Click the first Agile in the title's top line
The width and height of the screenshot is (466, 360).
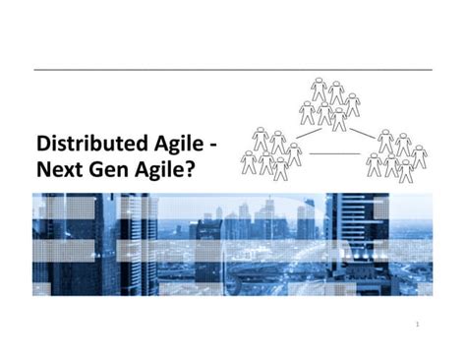pyautogui.click(x=176, y=145)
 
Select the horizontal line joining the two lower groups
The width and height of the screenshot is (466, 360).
pyautogui.click(x=334, y=153)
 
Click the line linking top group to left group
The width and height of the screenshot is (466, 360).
pyautogui.click(x=308, y=132)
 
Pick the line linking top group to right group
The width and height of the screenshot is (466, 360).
pyautogui.click(x=362, y=132)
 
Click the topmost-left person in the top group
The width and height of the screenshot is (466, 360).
pyautogui.click(x=319, y=90)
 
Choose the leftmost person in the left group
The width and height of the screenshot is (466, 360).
pyautogui.click(x=249, y=161)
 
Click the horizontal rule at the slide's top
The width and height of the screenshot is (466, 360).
pyautogui.click(x=233, y=70)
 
